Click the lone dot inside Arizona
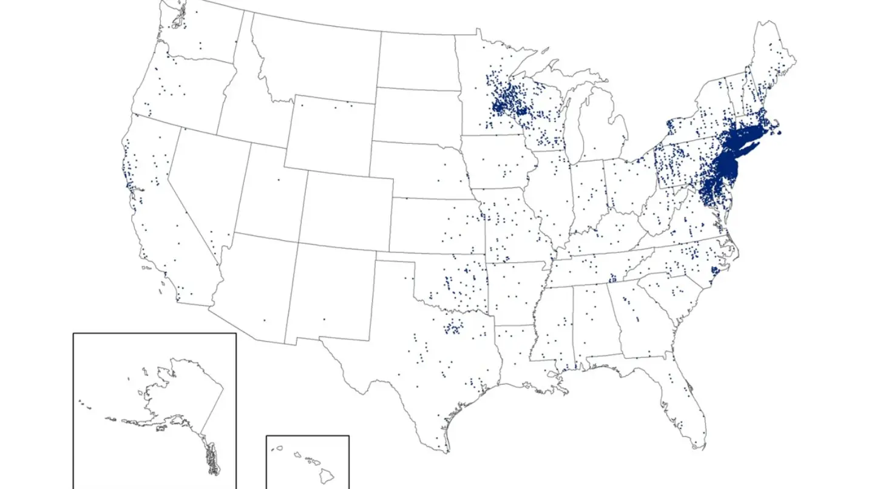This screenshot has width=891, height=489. pos(264,320)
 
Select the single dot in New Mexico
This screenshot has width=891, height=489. pos(324,319)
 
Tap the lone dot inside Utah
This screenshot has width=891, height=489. pos(279,180)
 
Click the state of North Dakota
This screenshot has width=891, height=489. pos(416,61)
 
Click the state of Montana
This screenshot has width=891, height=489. pos(316,58)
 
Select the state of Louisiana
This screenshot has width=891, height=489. pos(516,358)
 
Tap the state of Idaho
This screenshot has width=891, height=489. pos(243,103)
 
